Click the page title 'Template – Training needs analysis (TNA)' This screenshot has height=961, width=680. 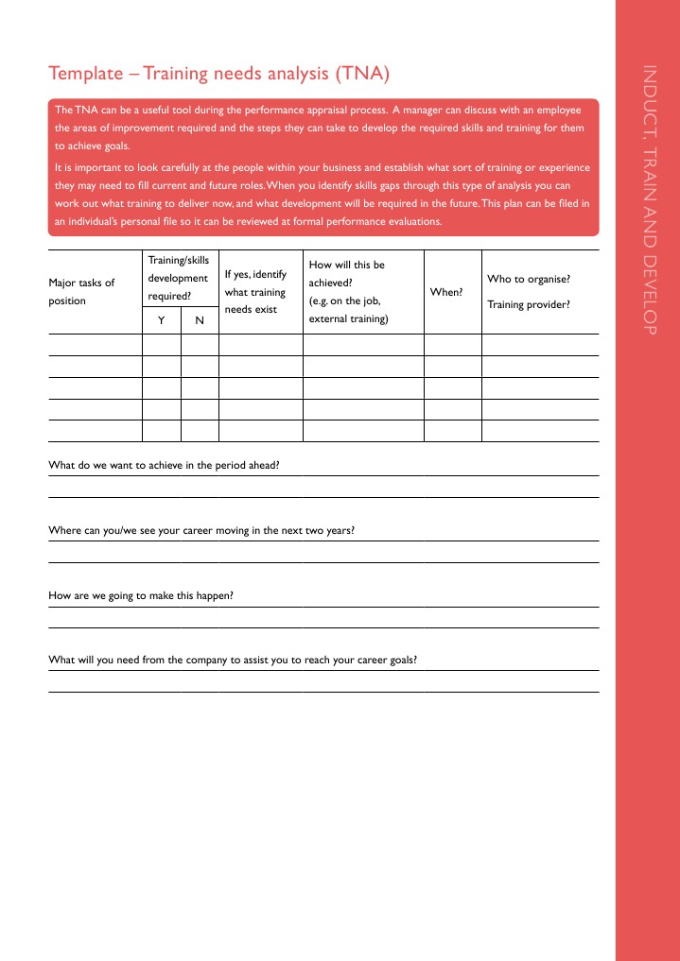tap(218, 74)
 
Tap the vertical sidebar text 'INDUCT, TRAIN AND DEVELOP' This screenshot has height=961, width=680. tap(649, 199)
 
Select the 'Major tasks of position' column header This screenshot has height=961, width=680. tap(81, 292)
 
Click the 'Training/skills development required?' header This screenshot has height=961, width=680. tap(178, 278)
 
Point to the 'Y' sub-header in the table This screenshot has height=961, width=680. tap(161, 321)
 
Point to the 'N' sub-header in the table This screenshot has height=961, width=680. tap(200, 321)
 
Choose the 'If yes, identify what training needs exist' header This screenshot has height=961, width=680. tap(255, 292)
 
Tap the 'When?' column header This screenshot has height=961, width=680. tap(446, 293)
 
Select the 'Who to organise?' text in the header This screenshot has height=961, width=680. tap(528, 280)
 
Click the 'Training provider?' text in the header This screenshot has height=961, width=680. tap(528, 304)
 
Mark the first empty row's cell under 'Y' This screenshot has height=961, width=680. tap(161, 345)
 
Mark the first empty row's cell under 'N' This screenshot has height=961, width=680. tap(200, 345)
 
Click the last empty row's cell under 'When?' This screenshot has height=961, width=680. tap(453, 431)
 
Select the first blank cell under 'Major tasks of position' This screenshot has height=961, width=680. tap(95, 345)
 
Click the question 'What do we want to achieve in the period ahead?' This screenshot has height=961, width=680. tap(164, 465)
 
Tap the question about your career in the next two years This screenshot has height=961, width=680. tap(201, 530)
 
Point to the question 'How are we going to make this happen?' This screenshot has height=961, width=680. tap(141, 595)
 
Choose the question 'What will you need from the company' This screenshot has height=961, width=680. tap(233, 660)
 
